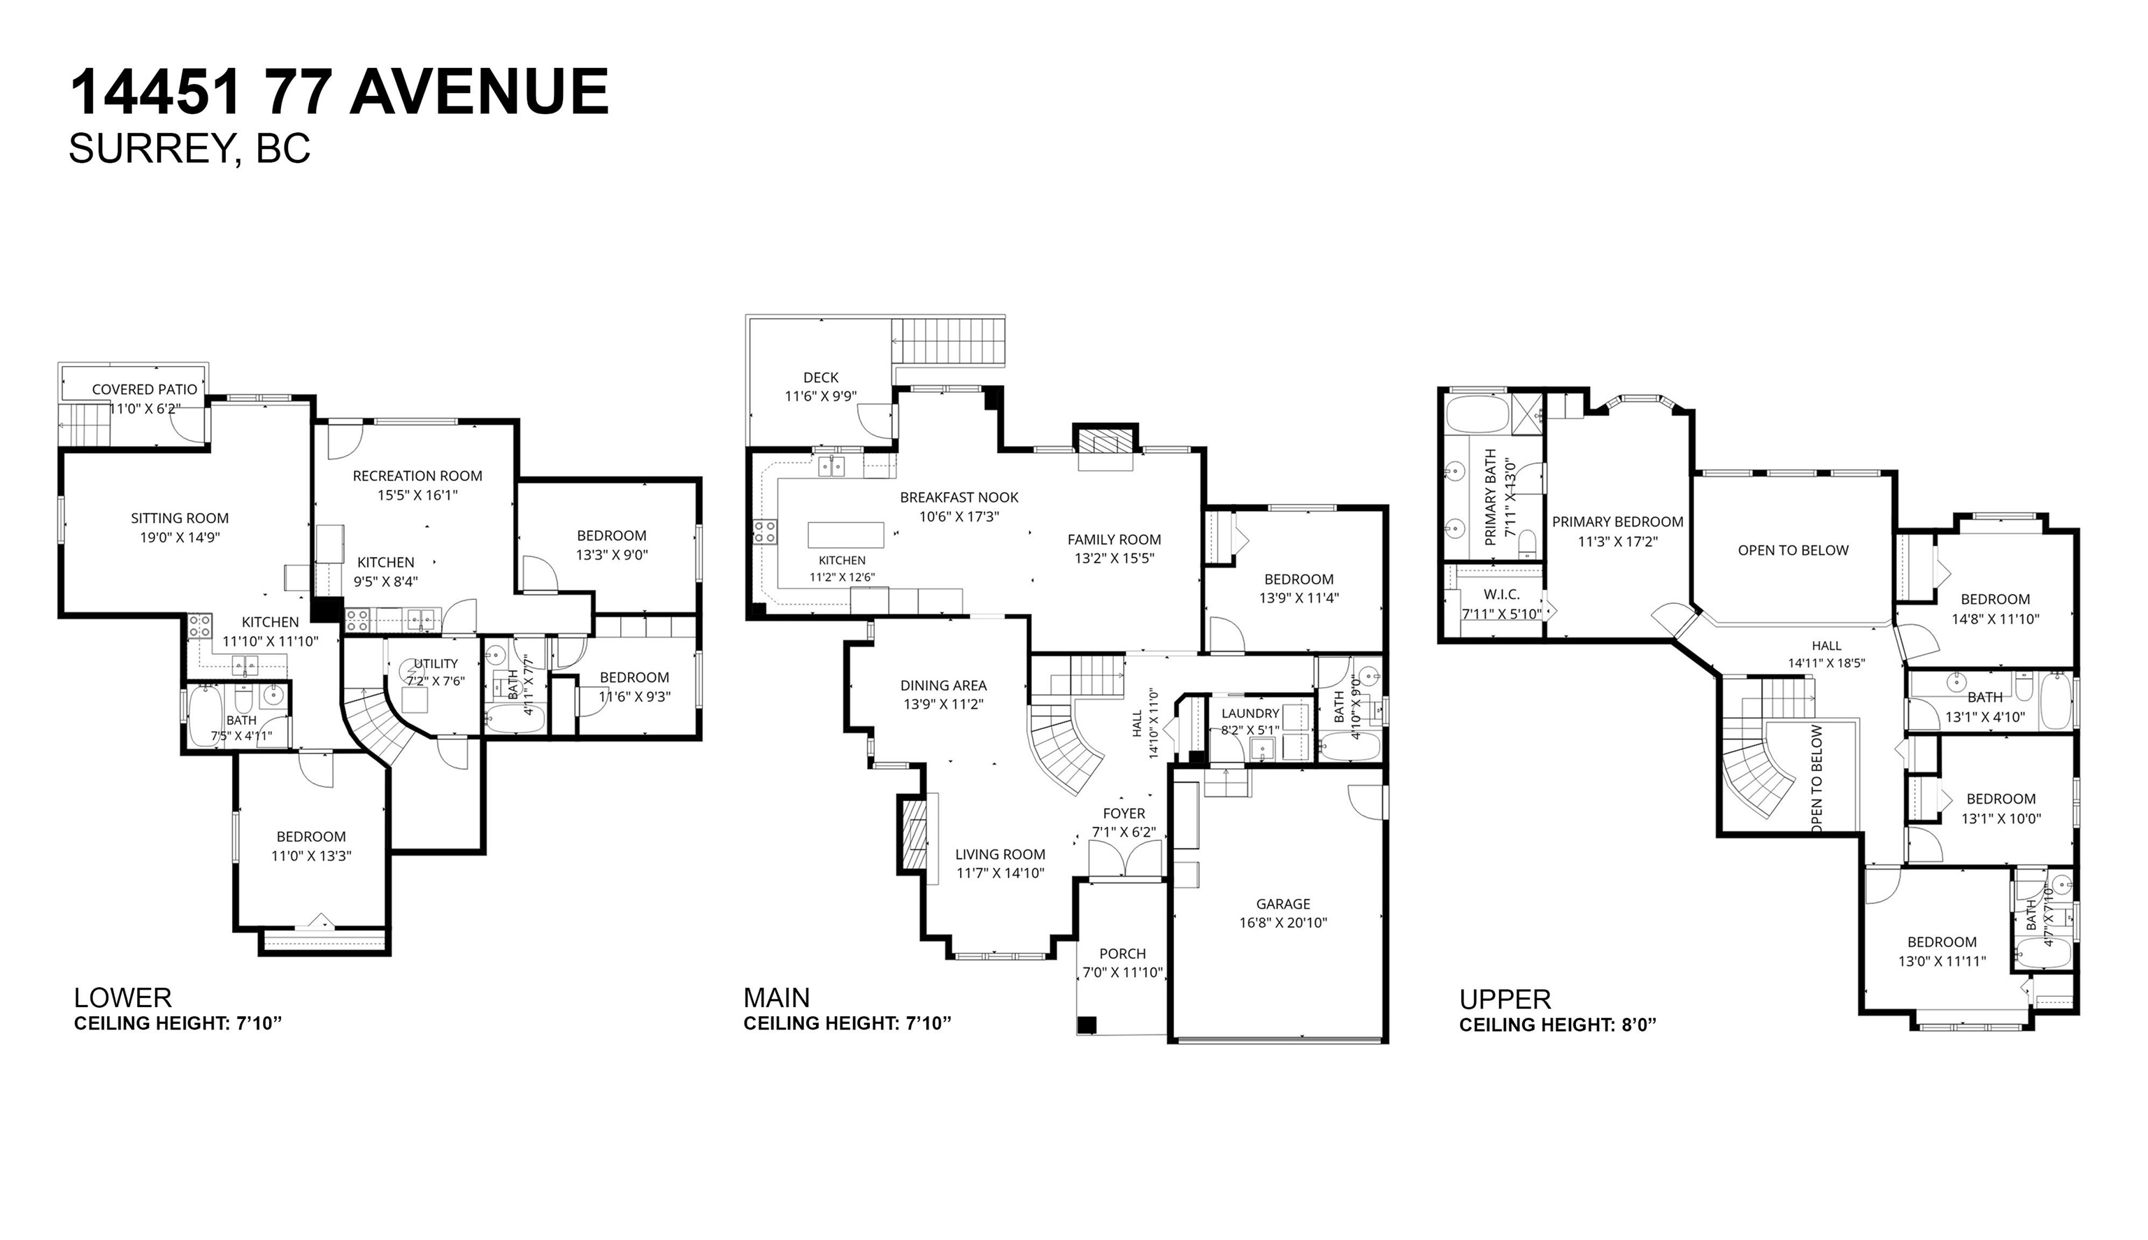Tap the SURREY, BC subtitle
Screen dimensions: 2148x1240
pos(189,149)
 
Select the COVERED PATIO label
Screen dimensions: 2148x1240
pos(145,389)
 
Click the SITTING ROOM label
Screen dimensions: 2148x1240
pos(180,518)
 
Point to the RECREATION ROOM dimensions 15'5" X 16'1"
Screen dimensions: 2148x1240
pos(418,495)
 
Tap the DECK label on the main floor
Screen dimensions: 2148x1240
pos(821,377)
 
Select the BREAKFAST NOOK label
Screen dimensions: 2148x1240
pos(959,498)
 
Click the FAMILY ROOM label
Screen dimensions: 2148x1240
pos(1114,539)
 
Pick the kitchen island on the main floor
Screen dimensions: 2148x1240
pos(846,534)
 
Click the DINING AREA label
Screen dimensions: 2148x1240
pos(944,685)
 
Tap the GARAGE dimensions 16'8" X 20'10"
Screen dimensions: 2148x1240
pos(1284,923)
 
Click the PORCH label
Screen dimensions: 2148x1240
pos(1122,954)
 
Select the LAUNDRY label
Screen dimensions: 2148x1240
pos(1250,714)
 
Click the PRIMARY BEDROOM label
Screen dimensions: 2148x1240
pos(1617,522)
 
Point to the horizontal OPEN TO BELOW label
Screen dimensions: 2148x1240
pos(1793,550)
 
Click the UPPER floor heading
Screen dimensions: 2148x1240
pos(1505,999)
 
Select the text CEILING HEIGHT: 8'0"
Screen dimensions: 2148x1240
pos(1558,1025)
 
